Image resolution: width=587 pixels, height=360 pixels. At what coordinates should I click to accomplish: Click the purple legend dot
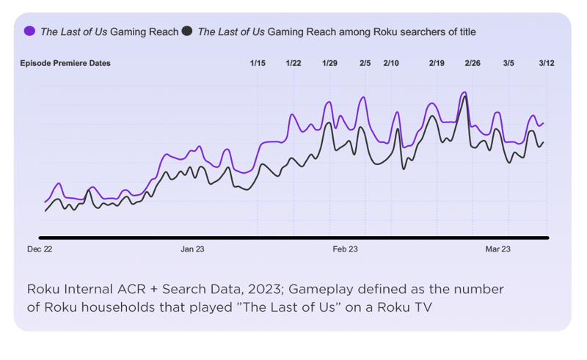30,32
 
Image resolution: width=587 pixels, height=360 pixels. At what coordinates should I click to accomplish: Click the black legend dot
188,32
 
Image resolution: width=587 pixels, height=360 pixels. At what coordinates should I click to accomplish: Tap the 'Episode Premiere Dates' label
65,64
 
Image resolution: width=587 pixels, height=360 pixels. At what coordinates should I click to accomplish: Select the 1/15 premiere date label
258,64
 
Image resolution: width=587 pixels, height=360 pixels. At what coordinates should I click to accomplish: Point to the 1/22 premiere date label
293,64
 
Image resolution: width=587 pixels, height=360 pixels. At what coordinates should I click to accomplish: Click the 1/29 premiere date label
329,64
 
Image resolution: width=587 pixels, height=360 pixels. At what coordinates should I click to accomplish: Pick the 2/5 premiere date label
365,64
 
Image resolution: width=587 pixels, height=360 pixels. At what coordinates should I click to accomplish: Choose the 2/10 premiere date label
392,64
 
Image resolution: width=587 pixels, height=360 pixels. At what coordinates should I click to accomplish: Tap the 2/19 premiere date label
437,64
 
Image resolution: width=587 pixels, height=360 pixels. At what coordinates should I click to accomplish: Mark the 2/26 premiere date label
473,64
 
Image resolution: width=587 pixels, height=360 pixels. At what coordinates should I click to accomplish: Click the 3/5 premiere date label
508,64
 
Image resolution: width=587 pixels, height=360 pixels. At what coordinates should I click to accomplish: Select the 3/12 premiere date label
546,64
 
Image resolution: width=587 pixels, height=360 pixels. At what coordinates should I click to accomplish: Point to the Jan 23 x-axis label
192,250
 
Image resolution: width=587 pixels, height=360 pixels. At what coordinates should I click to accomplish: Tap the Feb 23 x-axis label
345,250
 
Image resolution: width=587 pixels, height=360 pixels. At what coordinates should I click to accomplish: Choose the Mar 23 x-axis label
498,250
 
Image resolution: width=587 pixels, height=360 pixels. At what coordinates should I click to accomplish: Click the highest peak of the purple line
464,92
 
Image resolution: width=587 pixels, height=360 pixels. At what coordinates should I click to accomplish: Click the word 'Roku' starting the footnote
43,289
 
